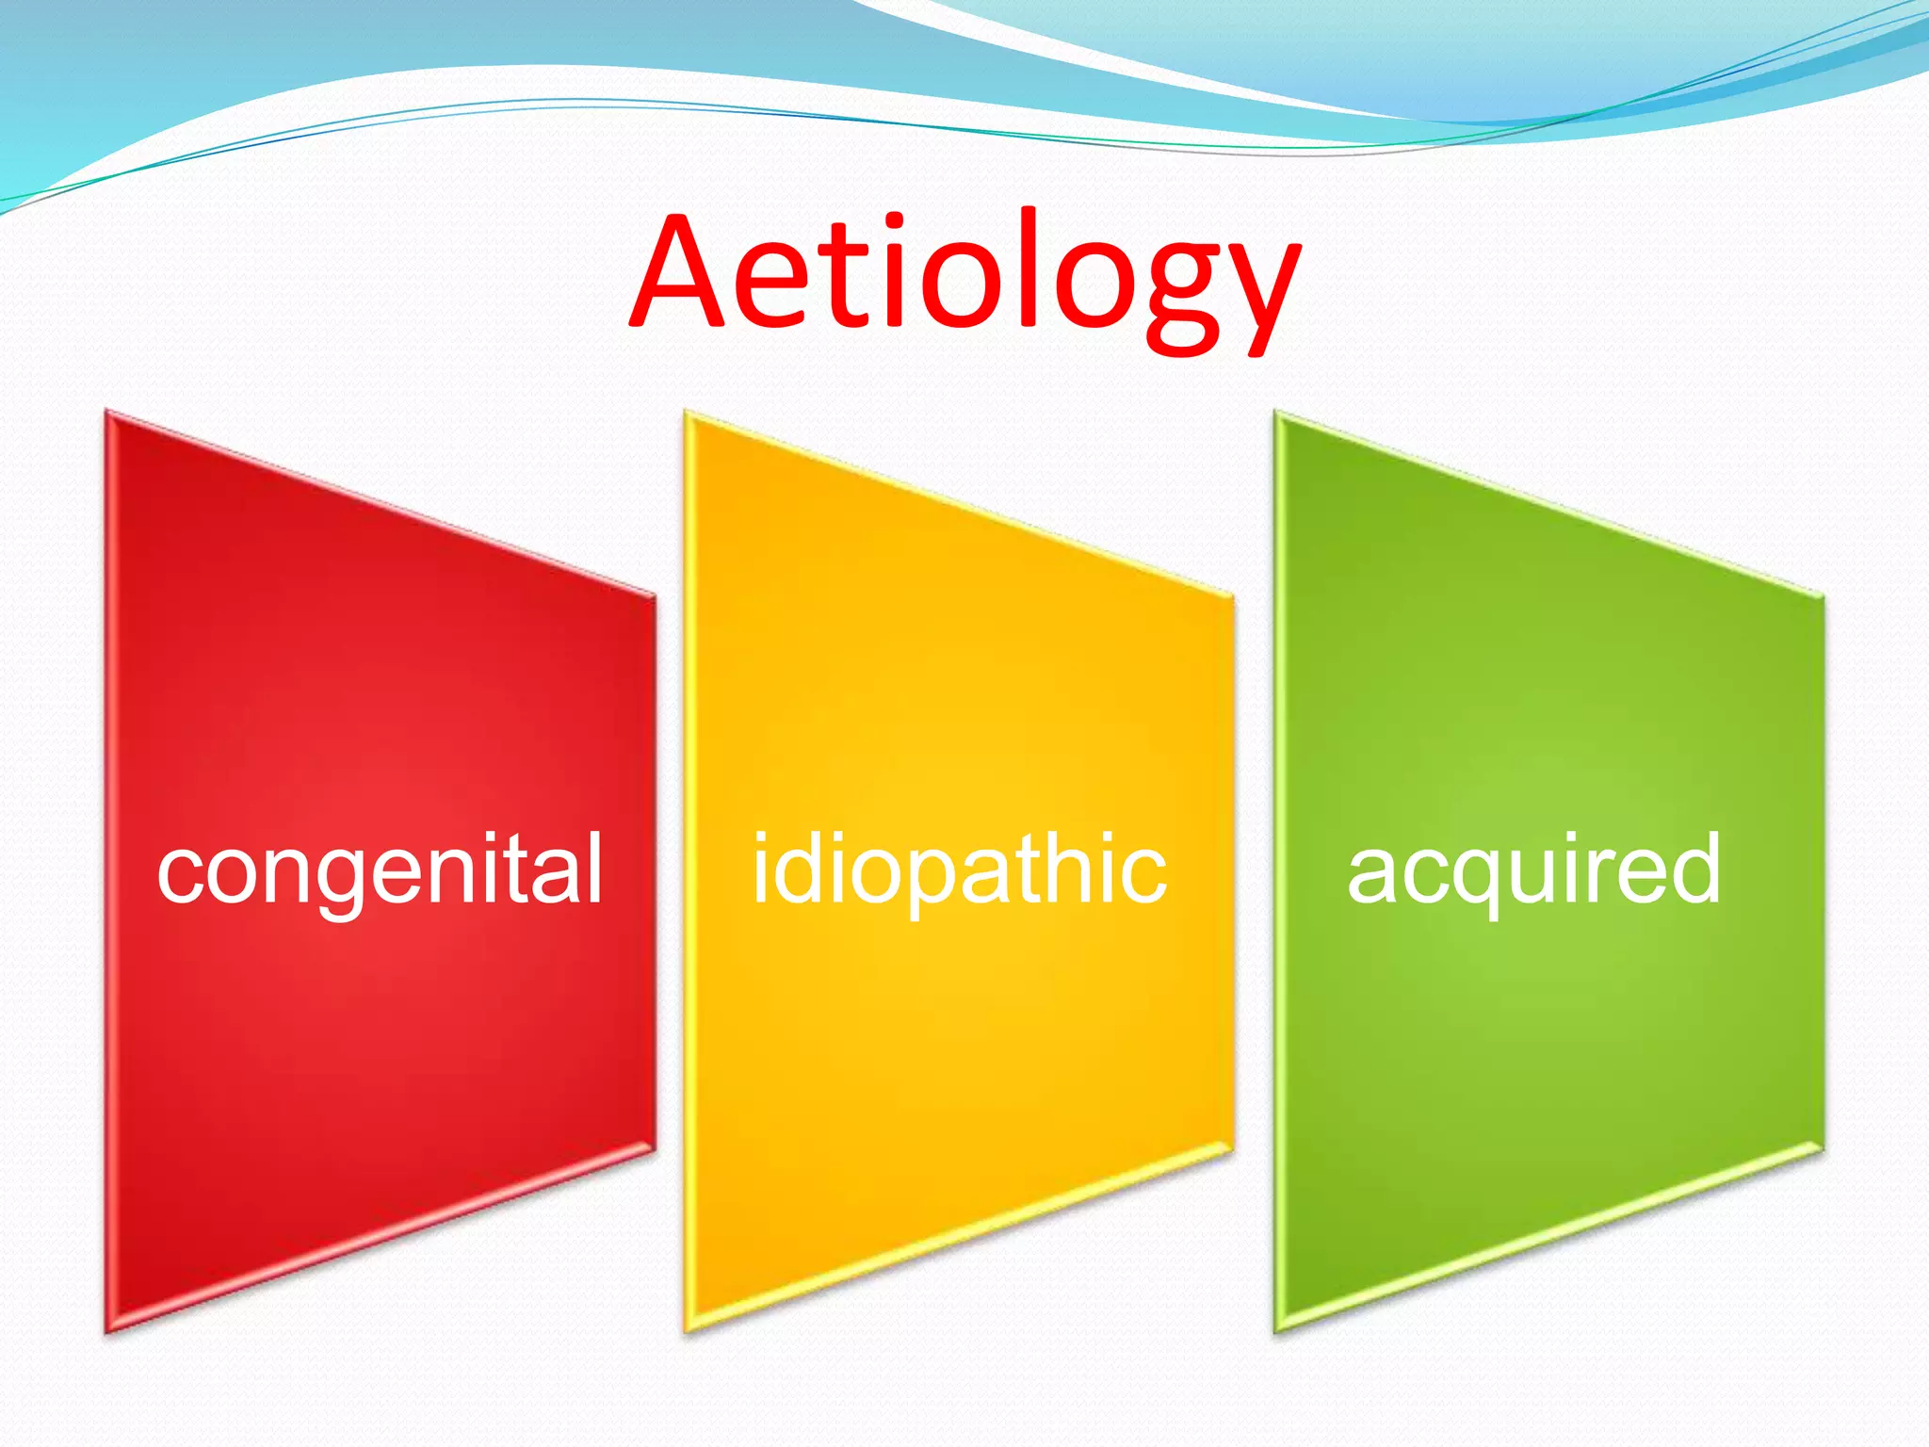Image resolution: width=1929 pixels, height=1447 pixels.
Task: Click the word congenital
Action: pyautogui.click(x=380, y=870)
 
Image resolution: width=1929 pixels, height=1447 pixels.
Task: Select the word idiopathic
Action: pyautogui.click(x=959, y=870)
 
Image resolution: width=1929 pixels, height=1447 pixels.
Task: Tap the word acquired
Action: pyautogui.click(x=1533, y=870)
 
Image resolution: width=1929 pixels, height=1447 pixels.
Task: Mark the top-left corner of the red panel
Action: pyautogui.click(x=108, y=415)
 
